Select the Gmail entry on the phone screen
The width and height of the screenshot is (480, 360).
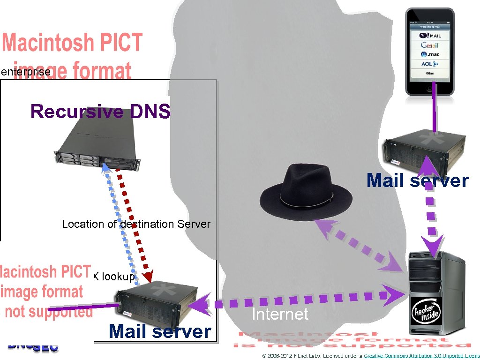click(x=429, y=45)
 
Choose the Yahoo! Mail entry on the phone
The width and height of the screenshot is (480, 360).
click(x=429, y=36)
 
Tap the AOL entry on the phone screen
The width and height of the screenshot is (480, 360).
click(x=429, y=64)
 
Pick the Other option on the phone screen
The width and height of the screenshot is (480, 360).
click(x=429, y=73)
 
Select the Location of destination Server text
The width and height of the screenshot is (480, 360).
click(x=136, y=224)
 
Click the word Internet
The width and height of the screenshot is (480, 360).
click(x=280, y=314)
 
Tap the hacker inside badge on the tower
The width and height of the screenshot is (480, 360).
click(x=426, y=312)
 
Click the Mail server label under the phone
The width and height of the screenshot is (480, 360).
click(x=417, y=180)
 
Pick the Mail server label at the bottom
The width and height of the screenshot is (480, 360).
click(x=160, y=332)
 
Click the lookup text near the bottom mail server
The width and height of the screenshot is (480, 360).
click(x=118, y=277)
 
